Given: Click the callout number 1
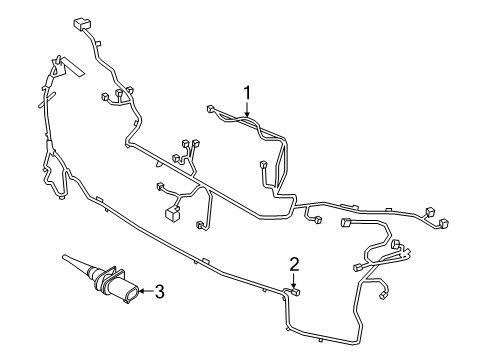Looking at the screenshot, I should [247, 94].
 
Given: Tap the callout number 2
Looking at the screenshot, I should [294, 264].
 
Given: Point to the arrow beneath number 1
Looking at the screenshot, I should [247, 113].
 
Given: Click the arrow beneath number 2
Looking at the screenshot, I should [294, 280].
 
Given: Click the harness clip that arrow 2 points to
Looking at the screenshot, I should [297, 293].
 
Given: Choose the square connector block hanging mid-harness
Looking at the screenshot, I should [173, 212].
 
